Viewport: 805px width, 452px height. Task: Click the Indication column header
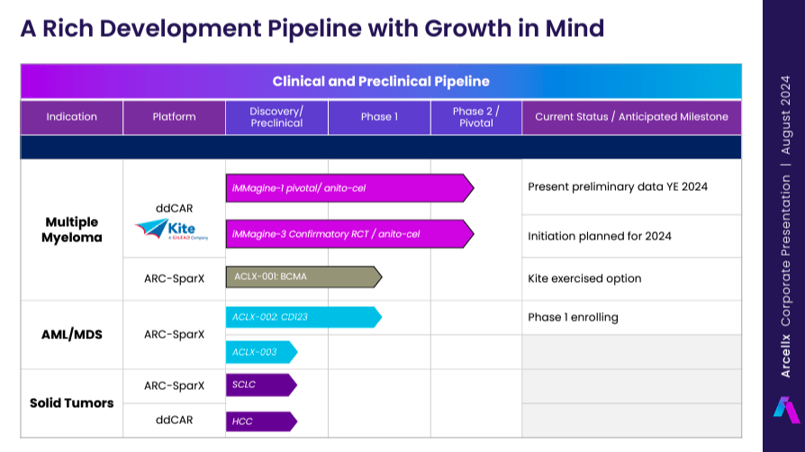pyautogui.click(x=72, y=117)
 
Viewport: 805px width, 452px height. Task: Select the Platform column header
pyautogui.click(x=174, y=117)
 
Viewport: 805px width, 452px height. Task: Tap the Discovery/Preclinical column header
pyautogui.click(x=276, y=117)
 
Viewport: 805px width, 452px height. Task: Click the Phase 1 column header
pyautogui.click(x=379, y=117)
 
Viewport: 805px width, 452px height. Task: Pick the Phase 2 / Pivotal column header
pyautogui.click(x=476, y=117)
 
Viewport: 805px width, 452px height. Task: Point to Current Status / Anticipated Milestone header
pyautogui.click(x=631, y=117)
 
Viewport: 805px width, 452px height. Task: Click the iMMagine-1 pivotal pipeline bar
pyautogui.click(x=348, y=188)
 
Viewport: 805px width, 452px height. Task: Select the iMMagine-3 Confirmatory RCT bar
pyautogui.click(x=348, y=234)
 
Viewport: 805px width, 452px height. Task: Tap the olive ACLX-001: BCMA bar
pyautogui.click(x=303, y=276)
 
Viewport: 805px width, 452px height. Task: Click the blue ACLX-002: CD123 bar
pyautogui.click(x=303, y=317)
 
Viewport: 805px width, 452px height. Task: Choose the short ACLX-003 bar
pyautogui.click(x=260, y=352)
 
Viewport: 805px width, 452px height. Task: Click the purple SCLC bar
pyautogui.click(x=260, y=385)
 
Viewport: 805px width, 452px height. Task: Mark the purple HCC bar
pyautogui.click(x=260, y=420)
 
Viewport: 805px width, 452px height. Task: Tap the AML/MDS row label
pyautogui.click(x=72, y=334)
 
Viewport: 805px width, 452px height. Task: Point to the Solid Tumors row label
pyautogui.click(x=71, y=402)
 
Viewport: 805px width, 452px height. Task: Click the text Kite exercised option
pyautogui.click(x=584, y=278)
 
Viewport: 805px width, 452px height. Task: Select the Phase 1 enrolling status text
pyautogui.click(x=573, y=317)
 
